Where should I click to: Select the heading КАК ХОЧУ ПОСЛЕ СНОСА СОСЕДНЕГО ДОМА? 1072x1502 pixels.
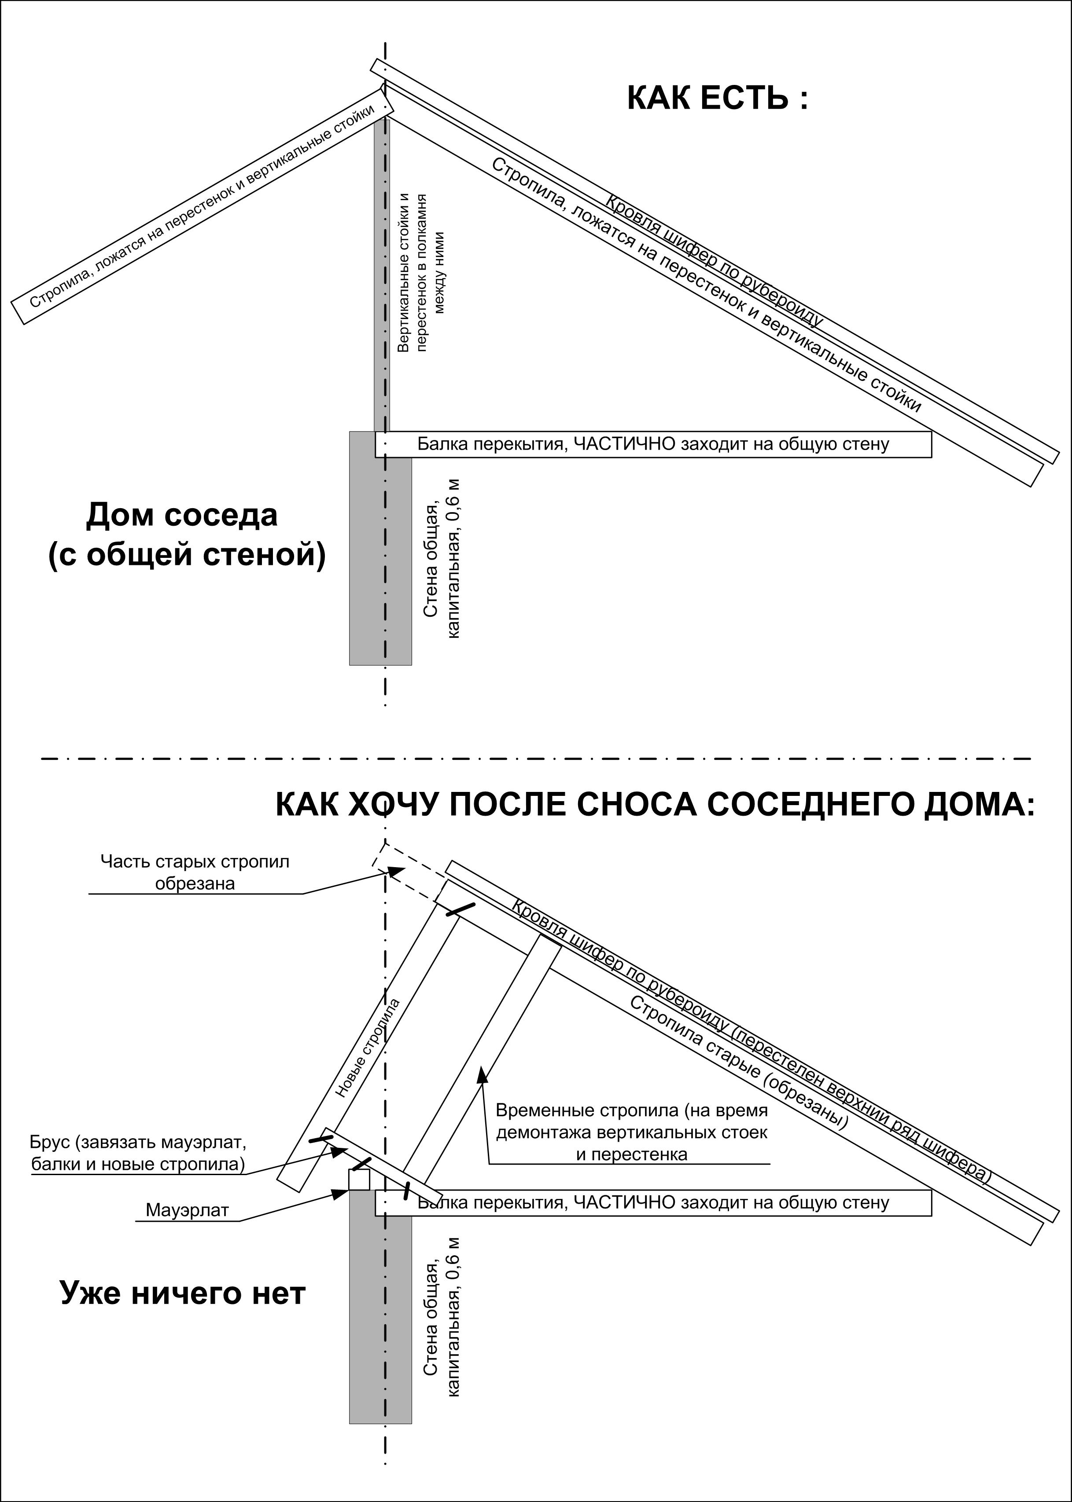pyautogui.click(x=655, y=806)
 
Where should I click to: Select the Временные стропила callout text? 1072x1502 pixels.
pyautogui.click(x=632, y=1132)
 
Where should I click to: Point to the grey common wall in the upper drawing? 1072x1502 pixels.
pyautogui.click(x=380, y=547)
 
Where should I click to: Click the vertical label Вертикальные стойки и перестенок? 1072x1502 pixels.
pyautogui.click(x=420, y=272)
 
